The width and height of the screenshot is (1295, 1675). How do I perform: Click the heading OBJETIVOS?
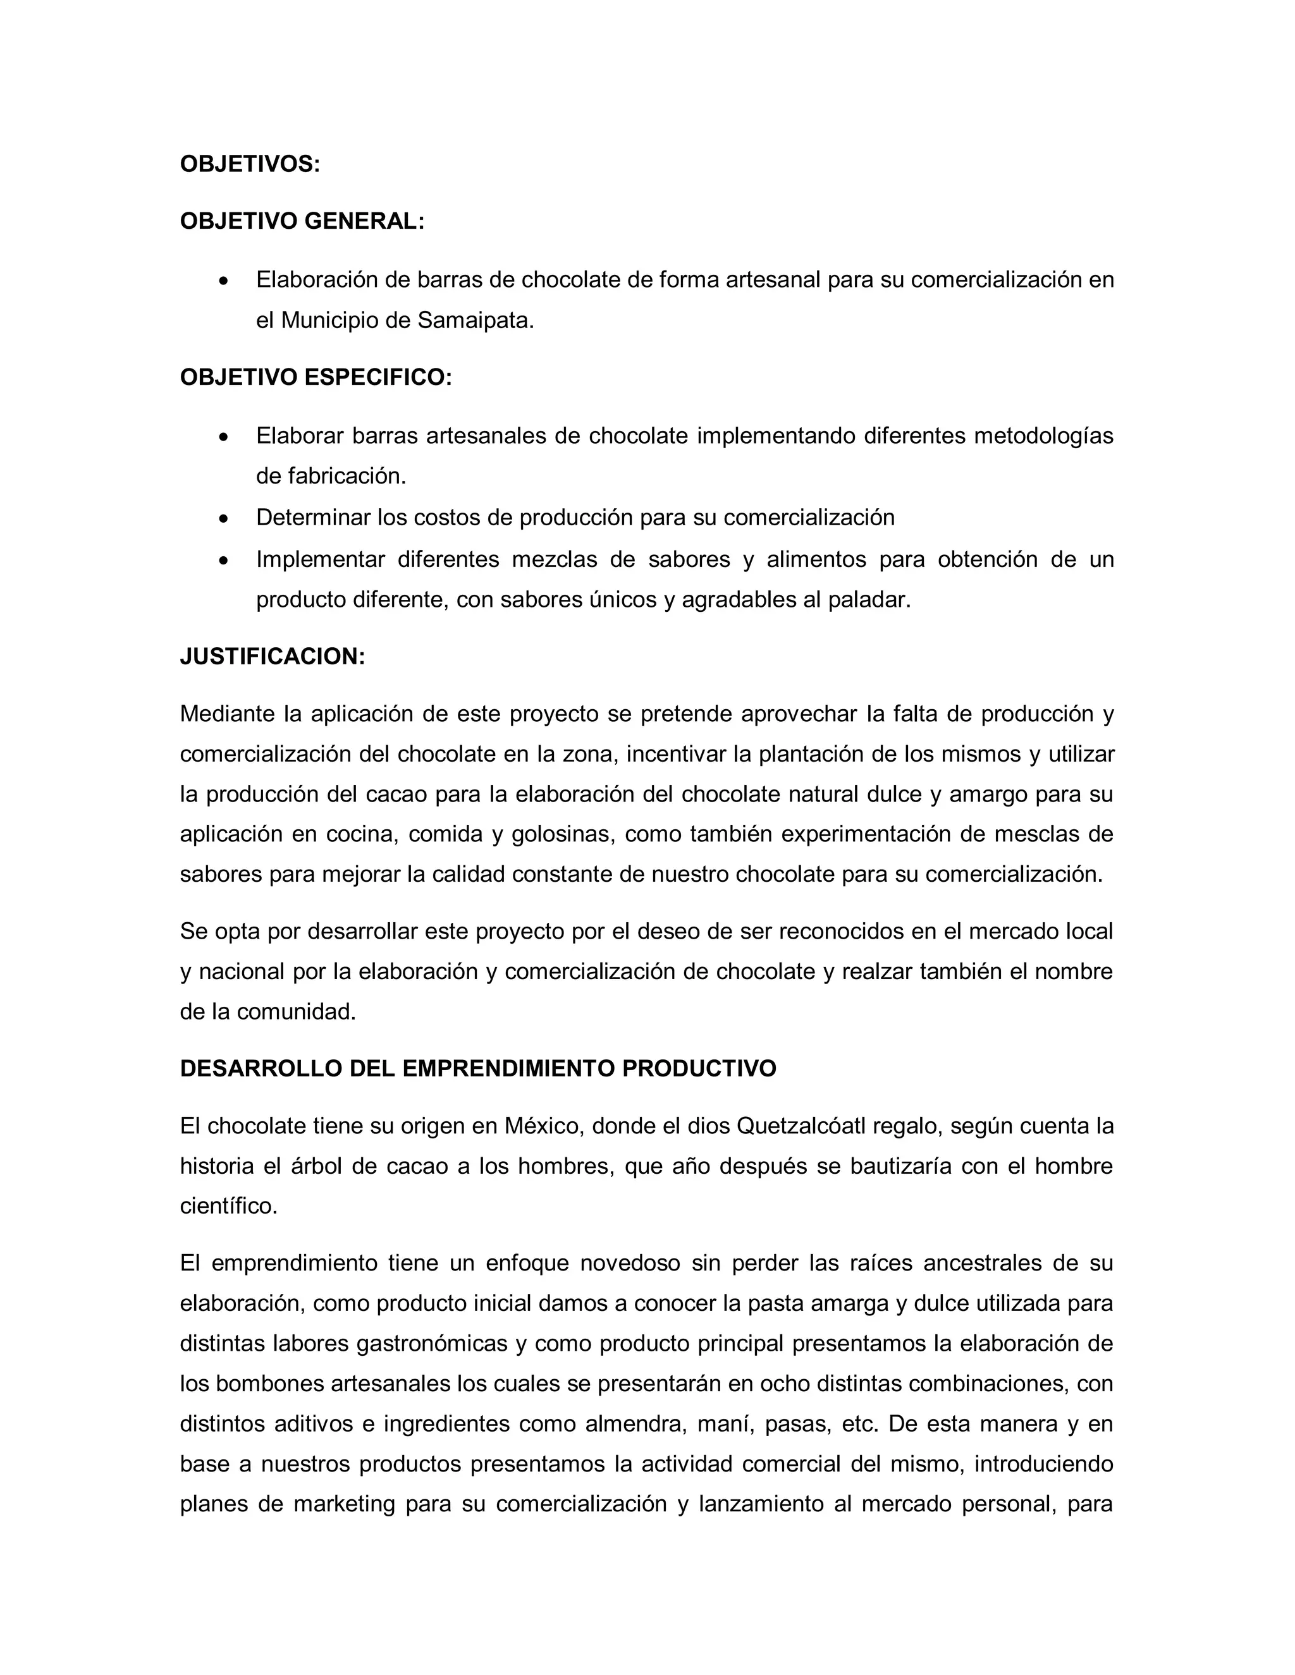(x=249, y=164)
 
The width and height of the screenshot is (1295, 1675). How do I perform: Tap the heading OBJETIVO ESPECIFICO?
(x=316, y=377)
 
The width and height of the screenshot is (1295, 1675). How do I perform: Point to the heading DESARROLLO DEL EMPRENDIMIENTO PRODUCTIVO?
(x=478, y=1069)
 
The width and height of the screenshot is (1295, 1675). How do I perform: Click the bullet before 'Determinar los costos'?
(x=223, y=518)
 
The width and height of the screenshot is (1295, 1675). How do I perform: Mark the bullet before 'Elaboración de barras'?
(x=223, y=281)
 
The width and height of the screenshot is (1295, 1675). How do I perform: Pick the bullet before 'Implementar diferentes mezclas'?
(x=223, y=561)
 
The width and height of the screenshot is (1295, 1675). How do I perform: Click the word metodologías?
(x=1043, y=435)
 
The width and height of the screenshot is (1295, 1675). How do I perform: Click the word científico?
(x=228, y=1207)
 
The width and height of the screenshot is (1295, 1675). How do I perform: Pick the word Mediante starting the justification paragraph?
(x=227, y=714)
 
